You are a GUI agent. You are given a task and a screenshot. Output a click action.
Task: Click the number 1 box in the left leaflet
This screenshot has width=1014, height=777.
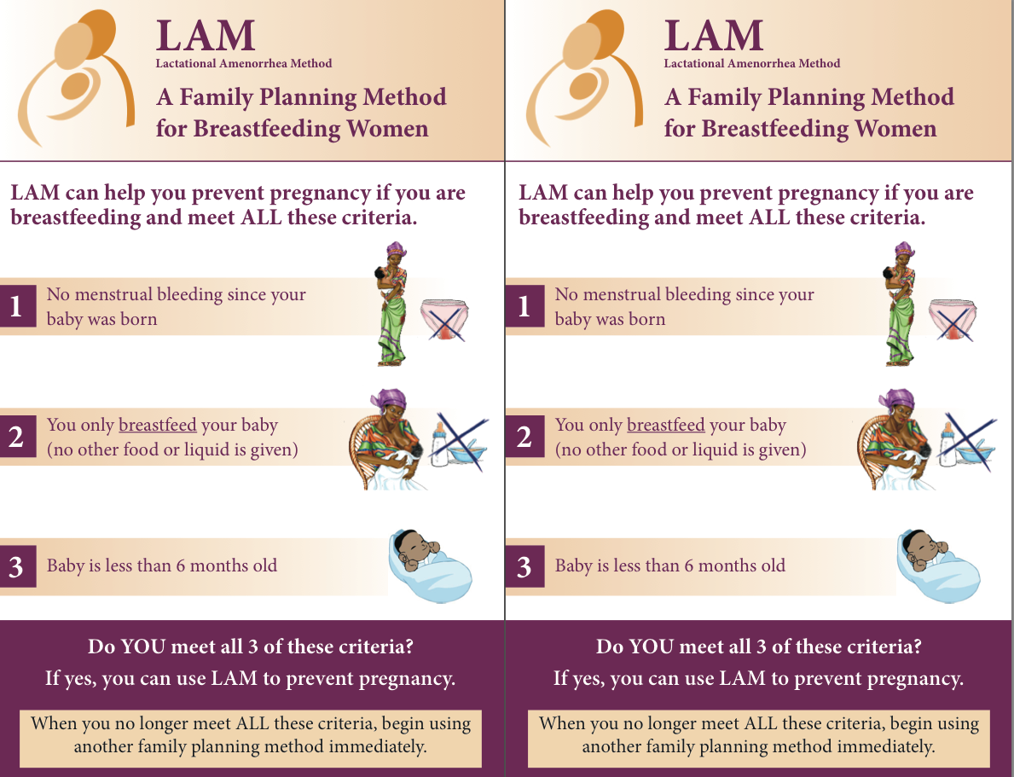click(x=17, y=306)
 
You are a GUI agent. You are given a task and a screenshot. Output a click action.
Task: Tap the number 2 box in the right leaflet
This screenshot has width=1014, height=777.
click(x=524, y=437)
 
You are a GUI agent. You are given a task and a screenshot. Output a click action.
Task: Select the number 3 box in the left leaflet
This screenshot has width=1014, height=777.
click(x=17, y=566)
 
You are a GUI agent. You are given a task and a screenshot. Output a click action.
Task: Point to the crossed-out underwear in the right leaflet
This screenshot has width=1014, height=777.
click(x=952, y=320)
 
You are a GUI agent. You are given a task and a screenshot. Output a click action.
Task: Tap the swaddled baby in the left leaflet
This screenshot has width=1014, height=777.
click(x=429, y=566)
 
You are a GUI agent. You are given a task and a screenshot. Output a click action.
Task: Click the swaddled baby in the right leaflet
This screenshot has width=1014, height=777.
click(x=937, y=566)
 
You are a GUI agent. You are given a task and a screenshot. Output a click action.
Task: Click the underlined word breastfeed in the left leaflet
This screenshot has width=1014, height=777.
click(x=158, y=425)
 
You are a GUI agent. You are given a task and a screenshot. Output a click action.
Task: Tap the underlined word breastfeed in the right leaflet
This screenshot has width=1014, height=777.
click(x=666, y=425)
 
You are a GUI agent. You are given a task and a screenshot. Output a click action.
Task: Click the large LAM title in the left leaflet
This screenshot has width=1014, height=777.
click(x=206, y=36)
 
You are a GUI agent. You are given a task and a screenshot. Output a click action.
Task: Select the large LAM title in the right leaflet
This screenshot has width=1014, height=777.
click(x=714, y=36)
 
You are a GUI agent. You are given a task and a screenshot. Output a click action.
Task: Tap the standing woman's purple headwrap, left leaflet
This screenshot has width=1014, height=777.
click(x=396, y=249)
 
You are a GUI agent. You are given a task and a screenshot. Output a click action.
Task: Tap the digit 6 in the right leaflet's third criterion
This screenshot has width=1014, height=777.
click(x=689, y=566)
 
